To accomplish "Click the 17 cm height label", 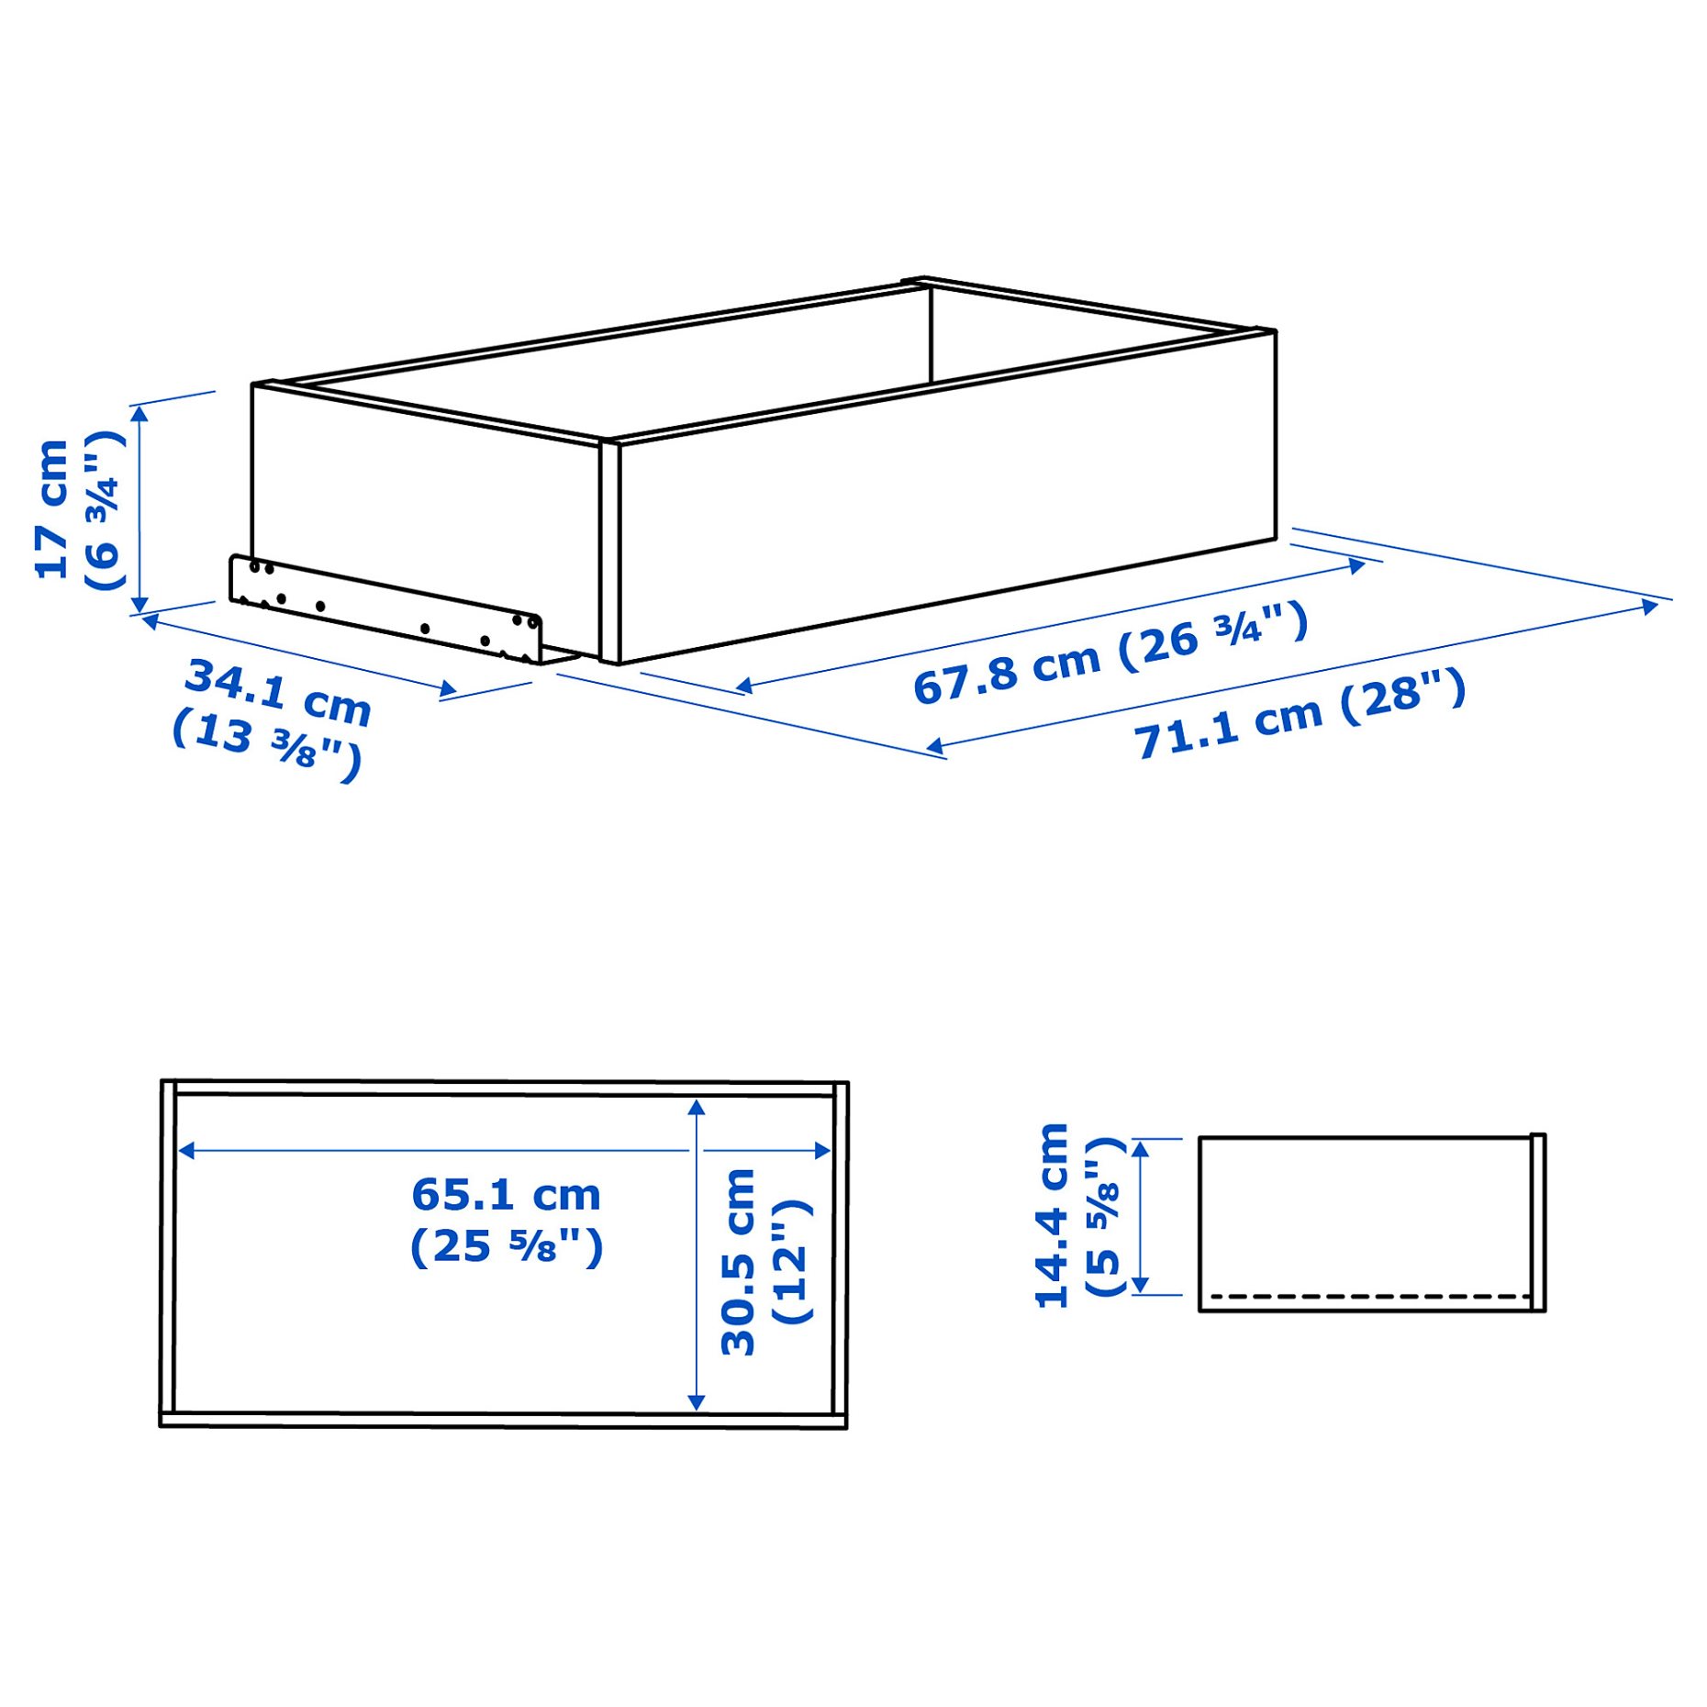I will pos(51,509).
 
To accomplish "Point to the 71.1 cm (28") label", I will pos(1299,714).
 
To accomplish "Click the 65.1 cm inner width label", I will pos(506,1195).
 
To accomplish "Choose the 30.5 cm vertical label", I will pos(738,1262).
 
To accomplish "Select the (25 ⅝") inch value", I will pos(506,1246).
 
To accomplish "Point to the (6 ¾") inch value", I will pos(104,510).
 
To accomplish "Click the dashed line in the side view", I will pos(1367,1297).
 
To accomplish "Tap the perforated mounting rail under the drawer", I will pos(385,608).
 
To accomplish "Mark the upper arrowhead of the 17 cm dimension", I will pos(139,414).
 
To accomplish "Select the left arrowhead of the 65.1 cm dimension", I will pos(186,1150).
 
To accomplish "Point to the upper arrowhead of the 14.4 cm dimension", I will pos(1141,1148).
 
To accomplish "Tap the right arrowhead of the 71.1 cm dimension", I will pos(1649,606).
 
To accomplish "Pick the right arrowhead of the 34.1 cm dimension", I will pos(448,689).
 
